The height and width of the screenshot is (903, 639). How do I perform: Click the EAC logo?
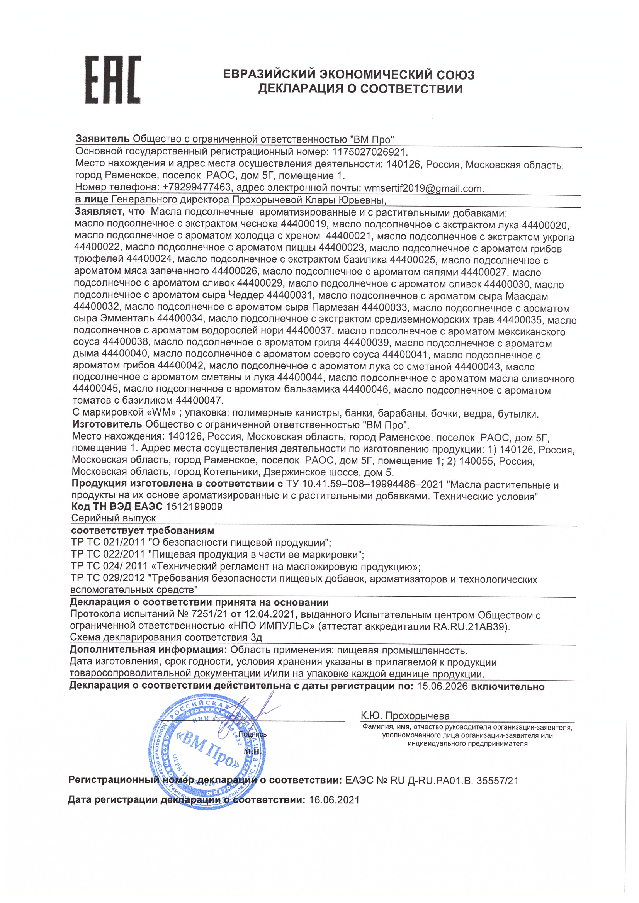pos(112,80)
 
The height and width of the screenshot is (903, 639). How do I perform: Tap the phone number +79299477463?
pos(196,187)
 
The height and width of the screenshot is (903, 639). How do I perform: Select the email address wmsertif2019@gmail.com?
pos(424,188)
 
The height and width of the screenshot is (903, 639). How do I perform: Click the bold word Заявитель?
pos(102,139)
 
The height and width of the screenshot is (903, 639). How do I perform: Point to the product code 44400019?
pos(304,224)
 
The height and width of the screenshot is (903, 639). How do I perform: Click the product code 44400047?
pos(199,401)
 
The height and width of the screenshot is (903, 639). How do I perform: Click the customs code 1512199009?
pos(194,507)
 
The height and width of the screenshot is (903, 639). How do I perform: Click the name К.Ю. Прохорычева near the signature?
pos(405,716)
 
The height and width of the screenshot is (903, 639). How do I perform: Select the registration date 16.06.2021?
pos(334,800)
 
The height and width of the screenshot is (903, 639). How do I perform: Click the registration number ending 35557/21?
pos(497,781)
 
